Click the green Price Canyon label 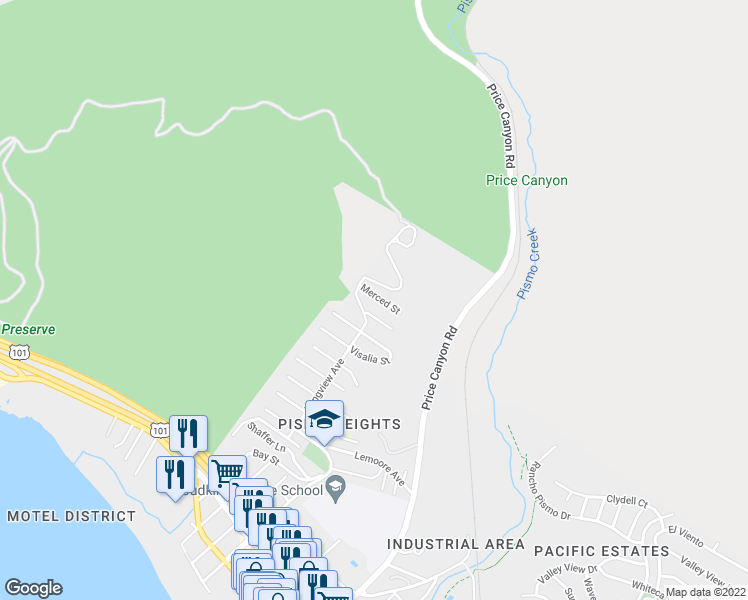[526, 181]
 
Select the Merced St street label [381, 298]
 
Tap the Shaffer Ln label [267, 438]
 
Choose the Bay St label [266, 457]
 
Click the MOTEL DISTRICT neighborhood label [71, 516]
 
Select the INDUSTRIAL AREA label [455, 544]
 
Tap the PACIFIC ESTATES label [601, 551]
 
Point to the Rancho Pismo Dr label [549, 490]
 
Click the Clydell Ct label [628, 501]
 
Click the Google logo [33, 588]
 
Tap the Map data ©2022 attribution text [706, 592]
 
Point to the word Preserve [28, 329]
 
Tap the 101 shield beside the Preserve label [19, 352]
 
